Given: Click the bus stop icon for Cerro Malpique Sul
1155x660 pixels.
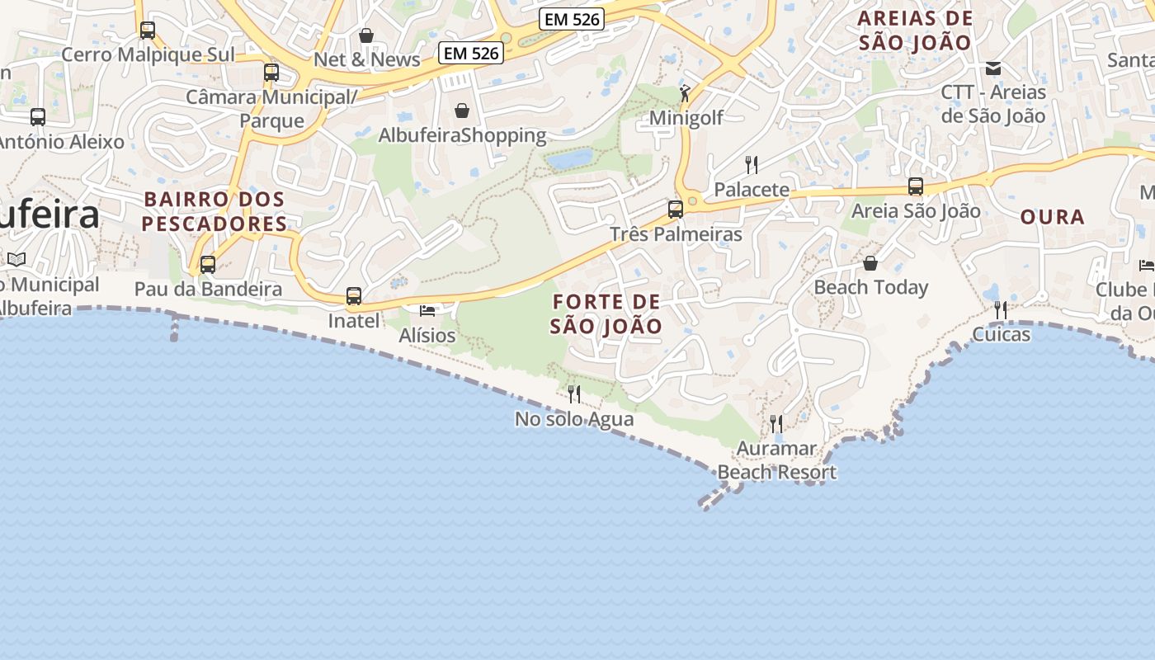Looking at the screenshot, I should [x=148, y=31].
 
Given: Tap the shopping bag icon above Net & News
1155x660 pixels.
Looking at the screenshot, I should [x=366, y=35].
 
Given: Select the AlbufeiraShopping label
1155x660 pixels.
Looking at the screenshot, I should [x=462, y=134].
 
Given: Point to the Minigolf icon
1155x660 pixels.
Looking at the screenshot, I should [x=684, y=92].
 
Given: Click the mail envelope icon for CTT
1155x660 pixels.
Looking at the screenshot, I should [x=993, y=68].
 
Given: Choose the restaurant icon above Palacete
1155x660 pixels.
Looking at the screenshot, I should [x=751, y=164].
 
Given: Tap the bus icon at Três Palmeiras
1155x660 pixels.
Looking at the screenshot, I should [x=676, y=210].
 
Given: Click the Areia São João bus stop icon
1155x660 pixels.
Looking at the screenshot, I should [x=916, y=186].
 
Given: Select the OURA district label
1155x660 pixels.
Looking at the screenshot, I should [x=1052, y=217].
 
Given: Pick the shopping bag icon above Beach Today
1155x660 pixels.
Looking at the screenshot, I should [x=870, y=263].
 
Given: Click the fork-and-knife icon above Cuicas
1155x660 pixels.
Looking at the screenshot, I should [x=1001, y=310].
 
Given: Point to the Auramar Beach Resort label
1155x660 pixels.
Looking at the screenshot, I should [x=776, y=460].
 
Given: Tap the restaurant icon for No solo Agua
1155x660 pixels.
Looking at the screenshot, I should [x=574, y=394].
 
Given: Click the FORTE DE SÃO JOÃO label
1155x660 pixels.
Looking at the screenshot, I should [x=606, y=313].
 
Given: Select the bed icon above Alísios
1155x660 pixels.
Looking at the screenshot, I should [x=427, y=311].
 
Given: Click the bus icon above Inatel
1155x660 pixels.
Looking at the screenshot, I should [x=354, y=296].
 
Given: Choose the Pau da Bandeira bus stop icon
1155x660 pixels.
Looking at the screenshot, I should [x=208, y=265].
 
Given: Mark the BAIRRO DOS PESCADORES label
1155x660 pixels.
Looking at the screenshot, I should [x=214, y=211].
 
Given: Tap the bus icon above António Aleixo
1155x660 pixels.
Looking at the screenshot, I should [x=38, y=117].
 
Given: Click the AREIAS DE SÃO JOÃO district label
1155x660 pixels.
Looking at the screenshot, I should [x=916, y=31].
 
